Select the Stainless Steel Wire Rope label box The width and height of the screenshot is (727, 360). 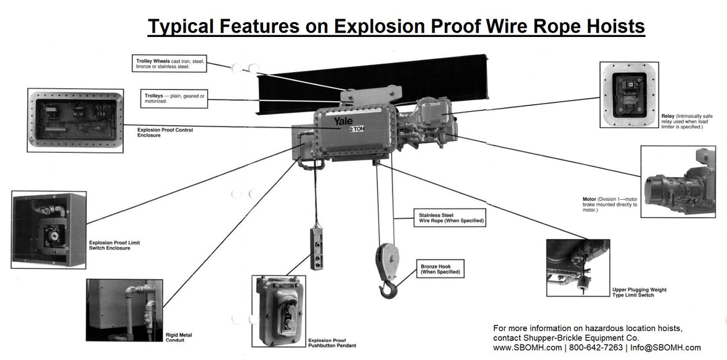448,218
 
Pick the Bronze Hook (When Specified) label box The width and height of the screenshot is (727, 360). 439,268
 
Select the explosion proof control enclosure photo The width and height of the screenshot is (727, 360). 75,120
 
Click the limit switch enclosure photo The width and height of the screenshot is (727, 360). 49,229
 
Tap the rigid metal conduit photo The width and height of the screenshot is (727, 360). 124,310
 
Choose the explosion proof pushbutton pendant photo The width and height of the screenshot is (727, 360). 279,311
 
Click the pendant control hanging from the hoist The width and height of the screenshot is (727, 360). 317,248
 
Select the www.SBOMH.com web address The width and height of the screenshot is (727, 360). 527,348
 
